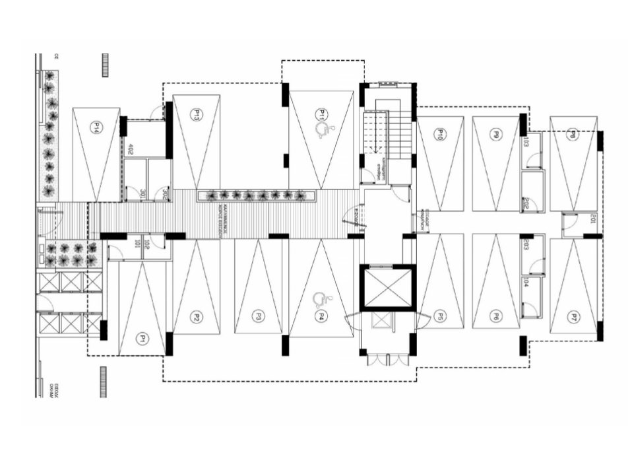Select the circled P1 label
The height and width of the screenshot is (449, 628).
point(141,339)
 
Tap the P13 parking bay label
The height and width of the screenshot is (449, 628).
point(196,115)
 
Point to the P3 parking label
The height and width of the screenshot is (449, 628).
point(259,317)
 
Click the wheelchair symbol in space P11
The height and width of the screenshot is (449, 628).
point(323,131)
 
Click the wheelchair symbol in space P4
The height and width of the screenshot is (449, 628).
point(321,300)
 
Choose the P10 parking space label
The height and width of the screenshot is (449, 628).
point(439,135)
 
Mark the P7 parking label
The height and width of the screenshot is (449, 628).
point(574,317)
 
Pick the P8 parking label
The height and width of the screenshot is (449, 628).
point(573,135)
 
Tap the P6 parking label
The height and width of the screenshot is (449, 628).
point(495,317)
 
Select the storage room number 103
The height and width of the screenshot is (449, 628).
point(526,142)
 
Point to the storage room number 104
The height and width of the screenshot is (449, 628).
point(526,283)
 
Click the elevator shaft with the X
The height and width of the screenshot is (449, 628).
point(388,287)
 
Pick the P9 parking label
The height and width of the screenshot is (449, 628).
point(495,135)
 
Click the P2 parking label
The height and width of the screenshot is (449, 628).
point(196,317)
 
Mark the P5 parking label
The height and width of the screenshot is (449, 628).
point(439,317)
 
